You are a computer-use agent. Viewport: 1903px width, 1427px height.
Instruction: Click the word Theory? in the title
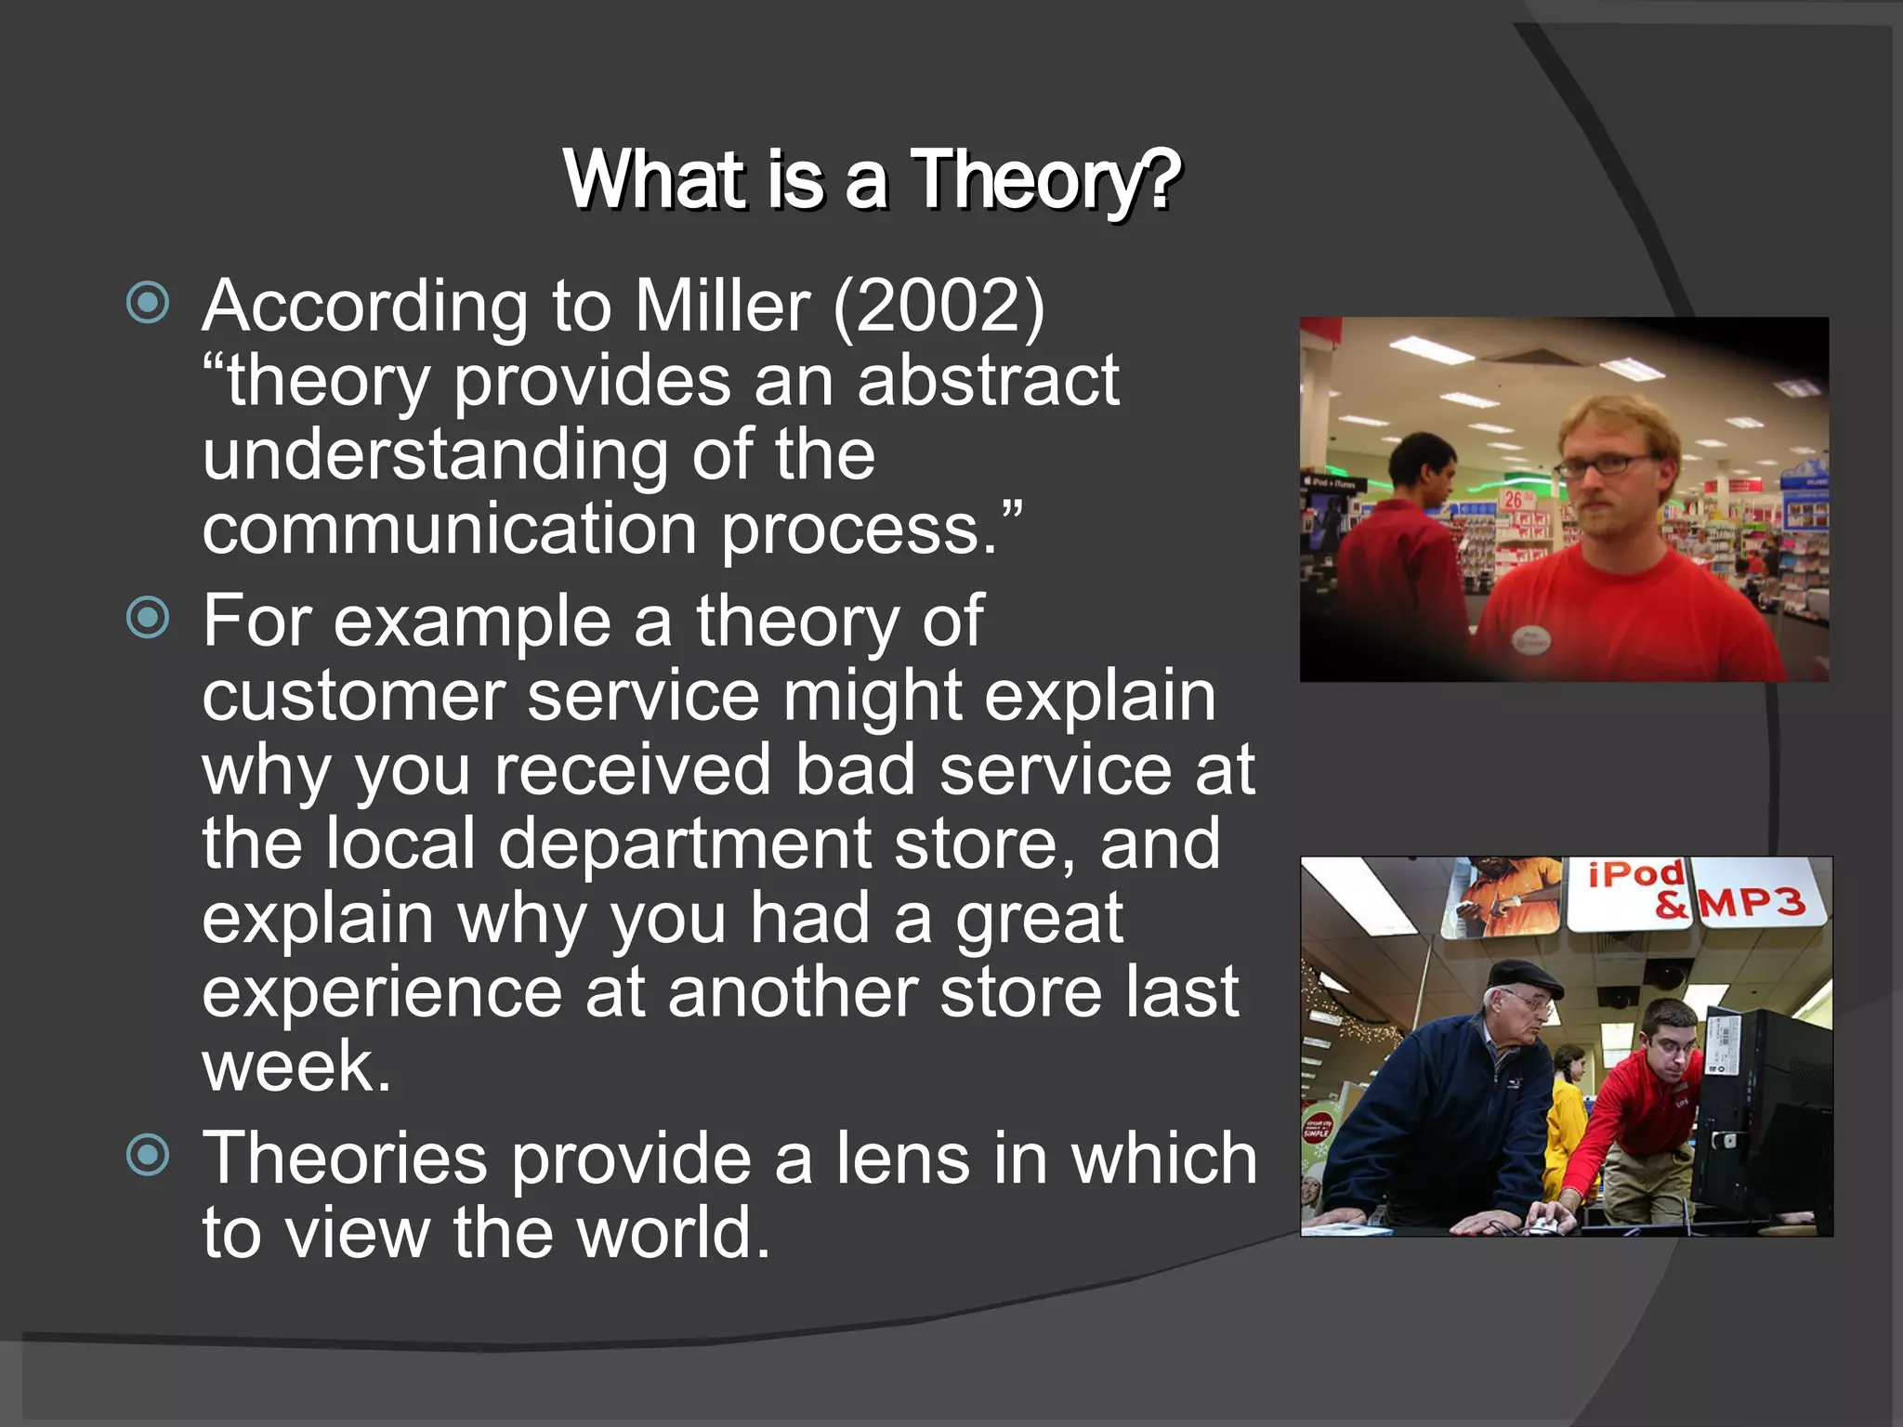click(1044, 180)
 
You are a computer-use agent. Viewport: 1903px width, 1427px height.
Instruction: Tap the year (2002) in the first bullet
click(938, 306)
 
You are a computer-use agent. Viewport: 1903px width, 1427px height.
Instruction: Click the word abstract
click(988, 381)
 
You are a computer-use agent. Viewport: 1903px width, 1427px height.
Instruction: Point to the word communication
click(450, 529)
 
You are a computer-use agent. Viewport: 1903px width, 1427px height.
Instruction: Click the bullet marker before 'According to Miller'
click(148, 303)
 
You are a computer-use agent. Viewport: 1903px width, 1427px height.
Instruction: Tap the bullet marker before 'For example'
click(148, 618)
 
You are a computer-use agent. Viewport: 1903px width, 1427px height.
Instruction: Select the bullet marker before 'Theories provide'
click(148, 1155)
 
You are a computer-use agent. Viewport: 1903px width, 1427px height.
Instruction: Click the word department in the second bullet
click(685, 844)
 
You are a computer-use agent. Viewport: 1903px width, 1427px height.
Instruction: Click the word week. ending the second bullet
click(296, 1067)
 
